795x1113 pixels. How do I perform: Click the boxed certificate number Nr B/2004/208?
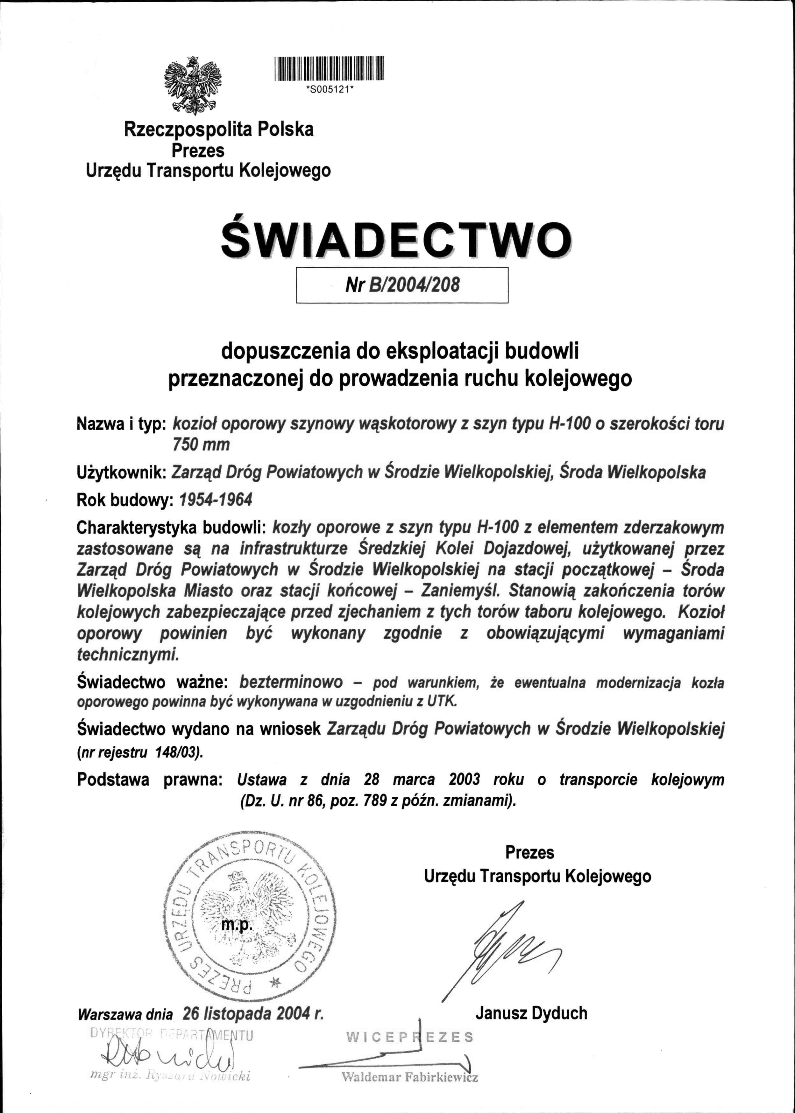pyautogui.click(x=402, y=285)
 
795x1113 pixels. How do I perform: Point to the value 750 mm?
pyautogui.click(x=201, y=444)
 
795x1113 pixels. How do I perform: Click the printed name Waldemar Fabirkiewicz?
pyautogui.click(x=409, y=1077)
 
